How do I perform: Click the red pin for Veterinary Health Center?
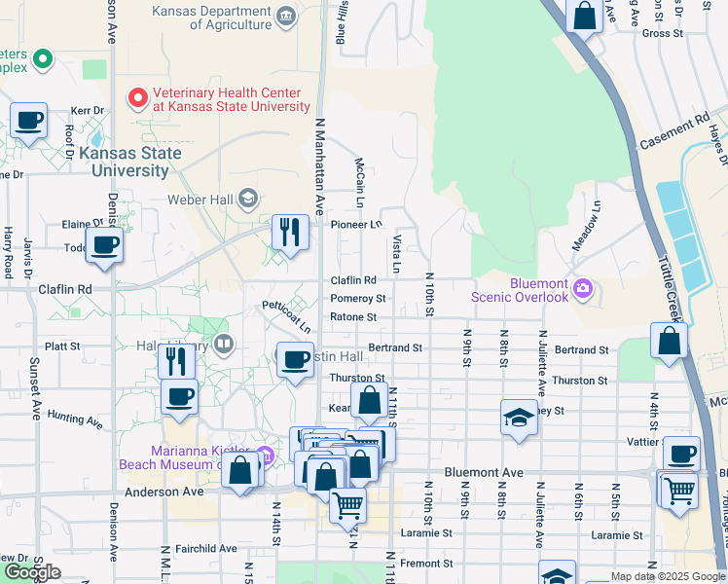pyautogui.click(x=137, y=98)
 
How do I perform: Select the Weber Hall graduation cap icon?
pyautogui.click(x=247, y=200)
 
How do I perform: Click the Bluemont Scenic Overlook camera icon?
pyautogui.click(x=583, y=287)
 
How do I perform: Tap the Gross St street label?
pyautogui.click(x=663, y=33)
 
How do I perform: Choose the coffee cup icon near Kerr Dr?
pyautogui.click(x=28, y=121)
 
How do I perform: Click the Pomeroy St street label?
pyautogui.click(x=358, y=299)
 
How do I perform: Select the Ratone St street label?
pyautogui.click(x=353, y=317)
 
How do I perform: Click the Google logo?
pyautogui.click(x=32, y=572)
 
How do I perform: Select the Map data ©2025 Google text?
pyautogui.click(x=668, y=576)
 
